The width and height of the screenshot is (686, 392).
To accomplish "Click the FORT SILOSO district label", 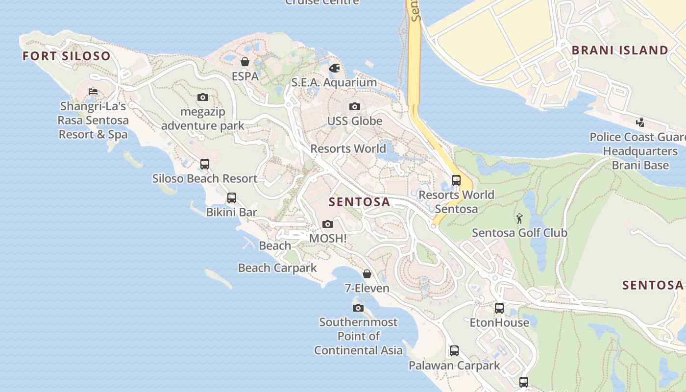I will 67,56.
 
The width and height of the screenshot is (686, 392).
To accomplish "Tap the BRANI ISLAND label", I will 620,50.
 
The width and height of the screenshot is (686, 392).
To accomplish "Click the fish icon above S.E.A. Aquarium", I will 335,68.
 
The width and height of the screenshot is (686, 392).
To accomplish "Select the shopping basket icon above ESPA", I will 245,62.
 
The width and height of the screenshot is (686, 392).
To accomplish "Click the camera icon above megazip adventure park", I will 202,97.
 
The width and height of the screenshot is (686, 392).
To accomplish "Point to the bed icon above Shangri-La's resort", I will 93,91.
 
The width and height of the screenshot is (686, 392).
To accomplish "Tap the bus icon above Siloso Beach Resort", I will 205,164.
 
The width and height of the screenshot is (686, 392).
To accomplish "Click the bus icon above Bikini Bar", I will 231,198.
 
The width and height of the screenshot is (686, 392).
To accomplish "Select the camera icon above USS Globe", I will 354,106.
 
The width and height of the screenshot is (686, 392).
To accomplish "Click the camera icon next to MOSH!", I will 328,224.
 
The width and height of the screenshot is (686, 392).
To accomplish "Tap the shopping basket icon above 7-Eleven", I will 367,274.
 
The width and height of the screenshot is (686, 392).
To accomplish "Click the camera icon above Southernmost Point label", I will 358,308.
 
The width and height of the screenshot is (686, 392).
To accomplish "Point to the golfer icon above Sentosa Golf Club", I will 519,218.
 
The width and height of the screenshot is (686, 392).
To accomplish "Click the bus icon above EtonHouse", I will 499,308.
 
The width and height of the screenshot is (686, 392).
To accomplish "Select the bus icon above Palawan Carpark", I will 454,351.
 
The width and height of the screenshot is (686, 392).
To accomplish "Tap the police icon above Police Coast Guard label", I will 640,122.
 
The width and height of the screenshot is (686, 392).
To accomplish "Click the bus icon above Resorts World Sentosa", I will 456,180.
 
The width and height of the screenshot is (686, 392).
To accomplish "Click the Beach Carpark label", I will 277,268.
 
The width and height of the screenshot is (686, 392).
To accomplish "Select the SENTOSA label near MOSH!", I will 359,202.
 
